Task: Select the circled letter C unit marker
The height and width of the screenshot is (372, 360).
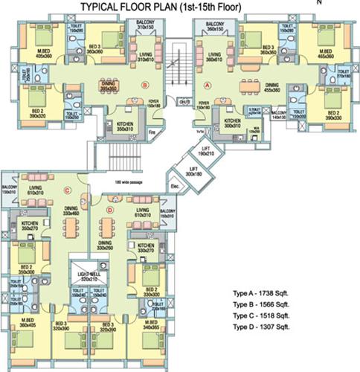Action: pos(67,177)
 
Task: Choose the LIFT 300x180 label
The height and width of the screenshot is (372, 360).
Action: pos(194,172)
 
